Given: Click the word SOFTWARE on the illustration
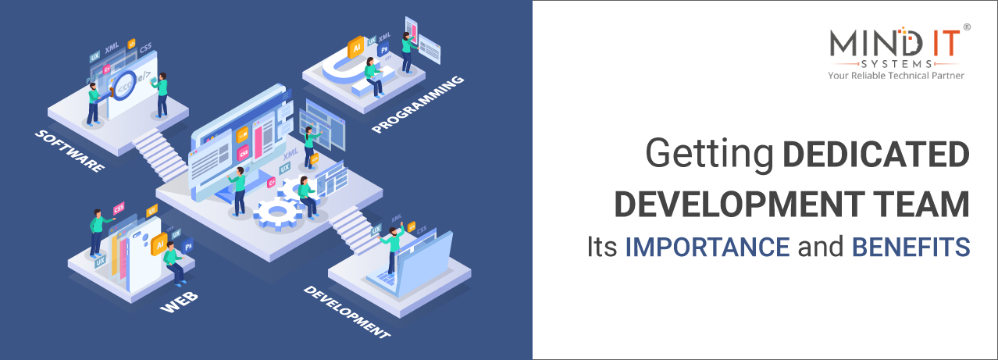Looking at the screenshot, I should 70,151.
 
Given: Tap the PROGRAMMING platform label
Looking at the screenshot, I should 418,104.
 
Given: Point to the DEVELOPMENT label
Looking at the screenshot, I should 346,312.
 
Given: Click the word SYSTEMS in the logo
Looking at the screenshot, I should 896,62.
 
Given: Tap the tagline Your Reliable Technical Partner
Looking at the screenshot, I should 896,76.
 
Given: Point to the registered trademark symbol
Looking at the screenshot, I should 967,27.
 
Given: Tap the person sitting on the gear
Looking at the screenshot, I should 305,196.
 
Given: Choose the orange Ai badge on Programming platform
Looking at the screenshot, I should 356,46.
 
